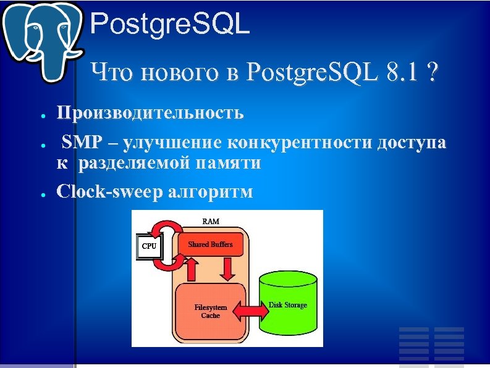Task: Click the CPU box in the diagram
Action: pos(149,246)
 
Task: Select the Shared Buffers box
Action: pos(210,245)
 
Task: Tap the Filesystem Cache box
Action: pos(211,311)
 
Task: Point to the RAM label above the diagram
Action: pos(211,221)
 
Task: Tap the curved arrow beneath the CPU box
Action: pos(166,262)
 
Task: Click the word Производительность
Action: pos(150,113)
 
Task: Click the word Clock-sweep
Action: pos(109,192)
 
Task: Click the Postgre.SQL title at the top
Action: pos(170,25)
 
